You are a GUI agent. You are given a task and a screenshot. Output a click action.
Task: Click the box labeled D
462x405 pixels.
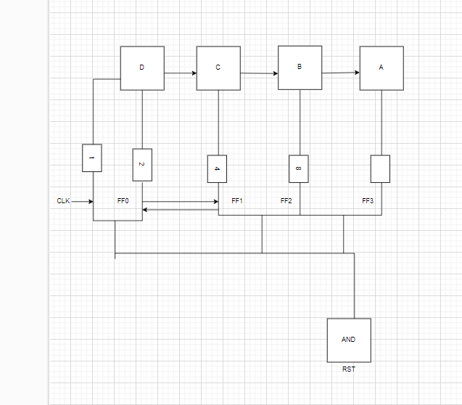142,68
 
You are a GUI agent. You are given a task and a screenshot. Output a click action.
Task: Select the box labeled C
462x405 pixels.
218,68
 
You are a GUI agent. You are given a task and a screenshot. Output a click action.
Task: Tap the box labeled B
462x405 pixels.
300,67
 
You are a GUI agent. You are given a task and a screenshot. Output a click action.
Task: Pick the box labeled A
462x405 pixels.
381,68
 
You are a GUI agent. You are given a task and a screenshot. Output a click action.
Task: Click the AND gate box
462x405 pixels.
349,340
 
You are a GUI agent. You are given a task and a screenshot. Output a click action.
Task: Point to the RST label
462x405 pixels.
349,369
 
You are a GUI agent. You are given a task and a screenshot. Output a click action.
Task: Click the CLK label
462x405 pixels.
64,201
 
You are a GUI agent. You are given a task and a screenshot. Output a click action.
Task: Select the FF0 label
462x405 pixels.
123,200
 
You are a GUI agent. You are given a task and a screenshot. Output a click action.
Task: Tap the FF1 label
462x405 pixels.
236,200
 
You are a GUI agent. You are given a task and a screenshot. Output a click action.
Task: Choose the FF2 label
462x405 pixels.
286,200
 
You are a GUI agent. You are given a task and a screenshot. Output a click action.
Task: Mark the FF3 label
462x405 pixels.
368,200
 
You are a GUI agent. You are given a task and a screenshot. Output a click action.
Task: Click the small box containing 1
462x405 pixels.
92,157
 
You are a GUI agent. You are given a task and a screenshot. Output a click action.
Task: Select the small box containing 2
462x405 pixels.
142,165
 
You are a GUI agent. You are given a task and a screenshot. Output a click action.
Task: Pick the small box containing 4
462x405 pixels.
217,169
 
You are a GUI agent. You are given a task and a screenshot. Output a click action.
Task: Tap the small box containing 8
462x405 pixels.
298,169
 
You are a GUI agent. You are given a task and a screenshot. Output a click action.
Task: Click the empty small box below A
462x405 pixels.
380,169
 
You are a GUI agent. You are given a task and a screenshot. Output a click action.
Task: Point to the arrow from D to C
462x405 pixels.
181,73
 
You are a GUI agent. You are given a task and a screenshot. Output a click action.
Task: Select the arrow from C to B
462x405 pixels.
259,73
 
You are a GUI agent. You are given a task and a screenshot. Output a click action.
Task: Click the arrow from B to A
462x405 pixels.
341,73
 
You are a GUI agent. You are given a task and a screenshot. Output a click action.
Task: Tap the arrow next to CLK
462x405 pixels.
83,201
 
